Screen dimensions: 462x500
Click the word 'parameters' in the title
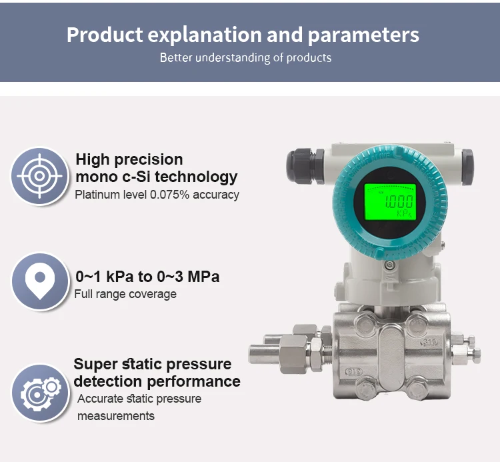tap(364, 35)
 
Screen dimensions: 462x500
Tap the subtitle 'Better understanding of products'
tap(245, 57)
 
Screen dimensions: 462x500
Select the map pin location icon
tap(39, 281)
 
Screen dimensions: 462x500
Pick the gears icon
tap(39, 393)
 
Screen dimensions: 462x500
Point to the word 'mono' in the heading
tap(93, 177)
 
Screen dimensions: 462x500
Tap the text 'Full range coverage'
tap(125, 294)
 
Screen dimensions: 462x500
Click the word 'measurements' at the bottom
tap(116, 416)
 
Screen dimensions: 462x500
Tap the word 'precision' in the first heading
tap(151, 159)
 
